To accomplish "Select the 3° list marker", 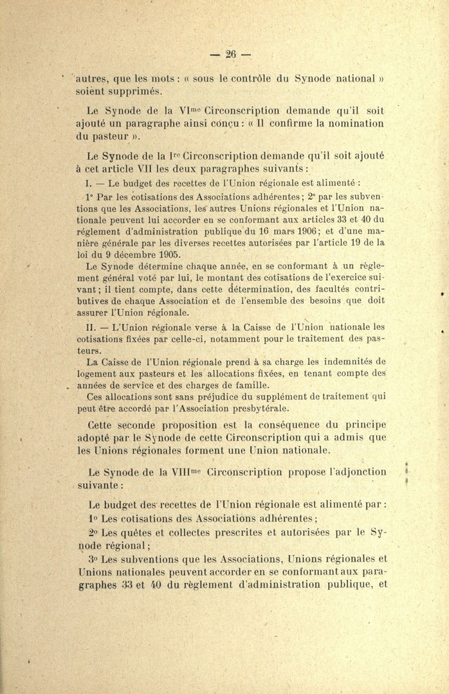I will pyautogui.click(x=93, y=559).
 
